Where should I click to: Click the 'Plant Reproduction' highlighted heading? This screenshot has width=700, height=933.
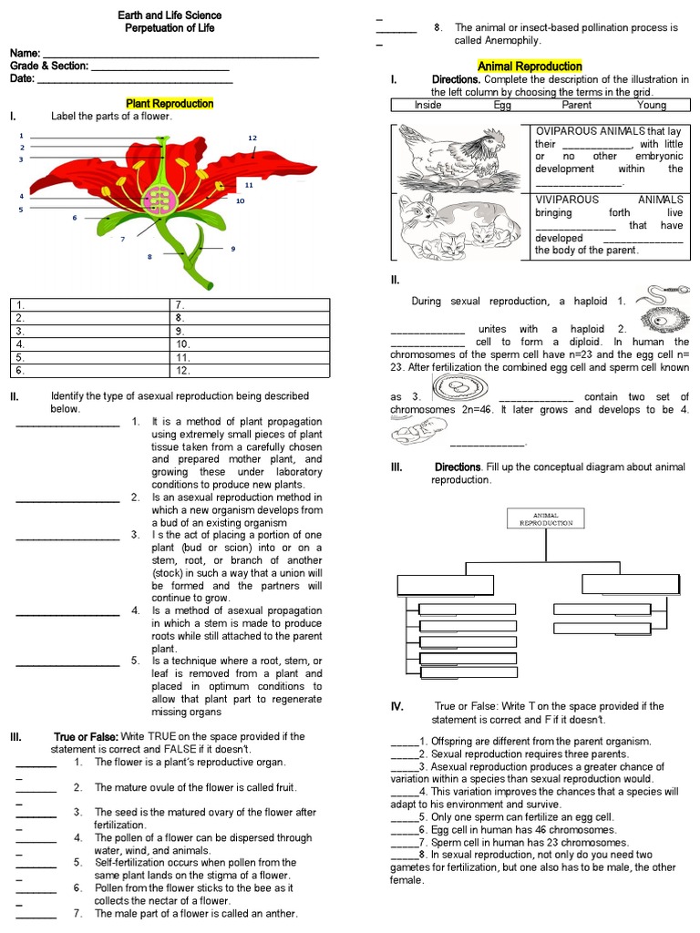169,104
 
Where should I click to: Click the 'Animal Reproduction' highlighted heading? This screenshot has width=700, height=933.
530,67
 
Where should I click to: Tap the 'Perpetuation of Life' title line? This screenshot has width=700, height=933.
170,28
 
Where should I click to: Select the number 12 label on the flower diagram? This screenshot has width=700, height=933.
252,138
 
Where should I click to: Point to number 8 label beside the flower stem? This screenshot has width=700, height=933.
149,257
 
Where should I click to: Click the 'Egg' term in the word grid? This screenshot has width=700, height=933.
502,105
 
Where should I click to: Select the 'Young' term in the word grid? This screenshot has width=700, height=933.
652,105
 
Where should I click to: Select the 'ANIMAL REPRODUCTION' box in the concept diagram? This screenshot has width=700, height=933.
545,518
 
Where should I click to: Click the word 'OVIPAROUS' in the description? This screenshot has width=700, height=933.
566,131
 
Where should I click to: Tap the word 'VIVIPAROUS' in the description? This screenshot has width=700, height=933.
566,200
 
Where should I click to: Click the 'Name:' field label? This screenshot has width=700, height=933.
26,54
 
